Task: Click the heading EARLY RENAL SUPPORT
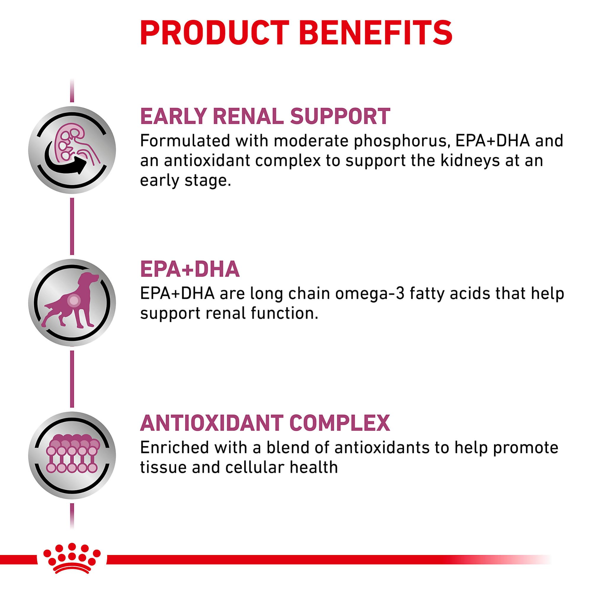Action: (x=265, y=116)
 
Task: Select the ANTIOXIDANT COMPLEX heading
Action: (x=265, y=423)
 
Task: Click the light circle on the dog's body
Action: (x=73, y=300)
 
